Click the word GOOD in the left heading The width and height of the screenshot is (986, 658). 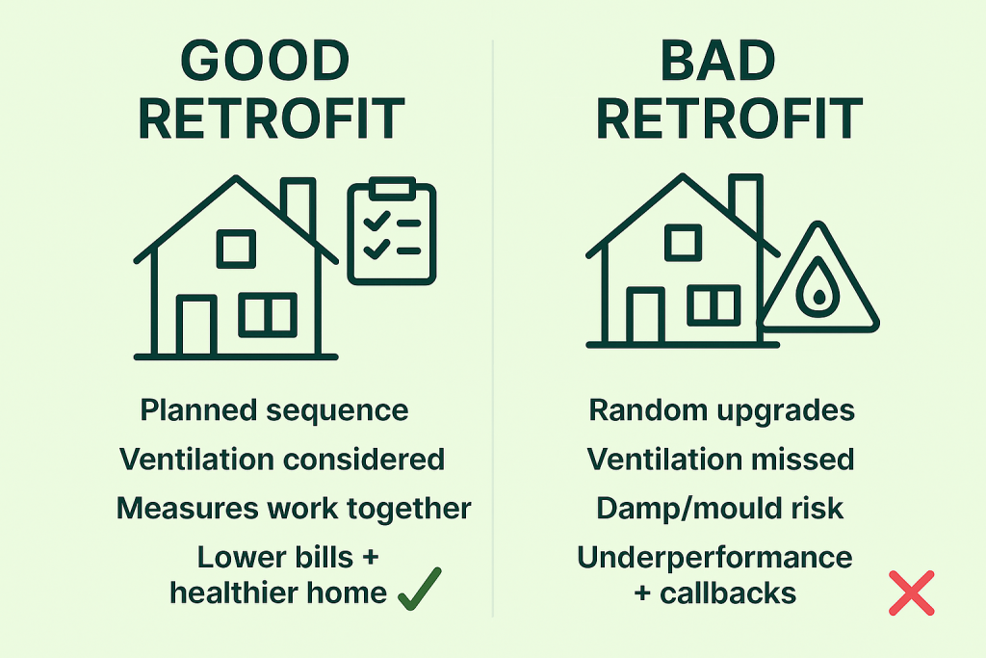(265, 61)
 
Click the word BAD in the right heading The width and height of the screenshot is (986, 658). (717, 61)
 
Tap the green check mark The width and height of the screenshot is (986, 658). (420, 589)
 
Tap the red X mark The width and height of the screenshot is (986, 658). (911, 592)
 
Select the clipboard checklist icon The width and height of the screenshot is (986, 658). (392, 231)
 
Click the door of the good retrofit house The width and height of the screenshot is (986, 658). (196, 326)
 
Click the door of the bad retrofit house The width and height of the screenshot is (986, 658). (645, 316)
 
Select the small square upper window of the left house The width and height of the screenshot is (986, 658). (237, 249)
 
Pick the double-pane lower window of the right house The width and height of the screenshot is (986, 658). (714, 305)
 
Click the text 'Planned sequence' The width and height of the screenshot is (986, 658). (274, 410)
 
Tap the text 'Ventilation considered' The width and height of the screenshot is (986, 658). (282, 460)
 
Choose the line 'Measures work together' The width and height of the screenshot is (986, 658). (294, 509)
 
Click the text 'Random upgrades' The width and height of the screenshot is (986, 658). (722, 410)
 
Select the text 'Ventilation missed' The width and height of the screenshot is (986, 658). (720, 460)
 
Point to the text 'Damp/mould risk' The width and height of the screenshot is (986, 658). (719, 509)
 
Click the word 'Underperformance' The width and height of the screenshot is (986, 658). (715, 558)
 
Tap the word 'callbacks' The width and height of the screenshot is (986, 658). (728, 593)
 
